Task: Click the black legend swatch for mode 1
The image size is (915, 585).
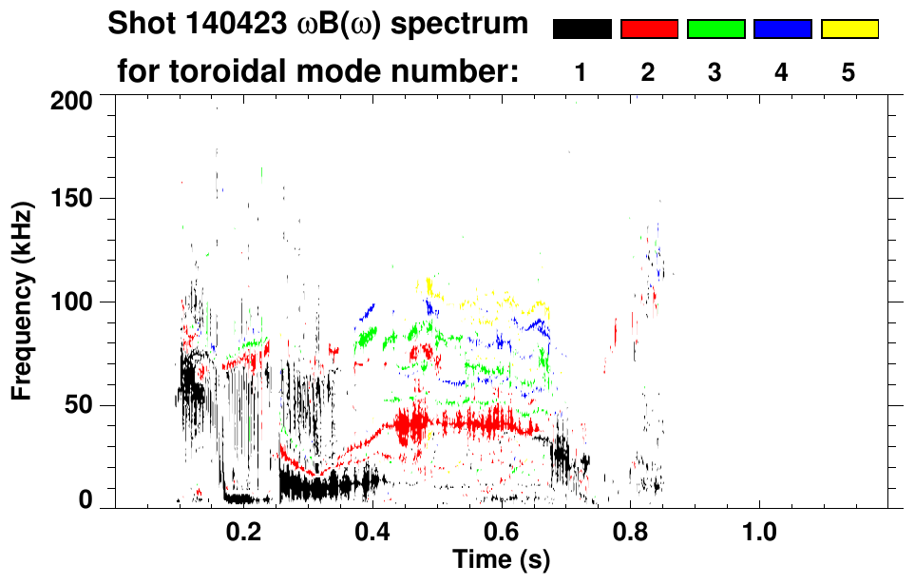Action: pyautogui.click(x=582, y=29)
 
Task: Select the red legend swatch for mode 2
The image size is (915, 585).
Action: pyautogui.click(x=649, y=29)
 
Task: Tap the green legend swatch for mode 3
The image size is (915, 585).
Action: pyautogui.click(x=715, y=29)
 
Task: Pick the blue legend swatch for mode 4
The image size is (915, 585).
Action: pyautogui.click(x=782, y=29)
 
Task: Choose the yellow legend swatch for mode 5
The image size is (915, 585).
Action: pyautogui.click(x=848, y=29)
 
